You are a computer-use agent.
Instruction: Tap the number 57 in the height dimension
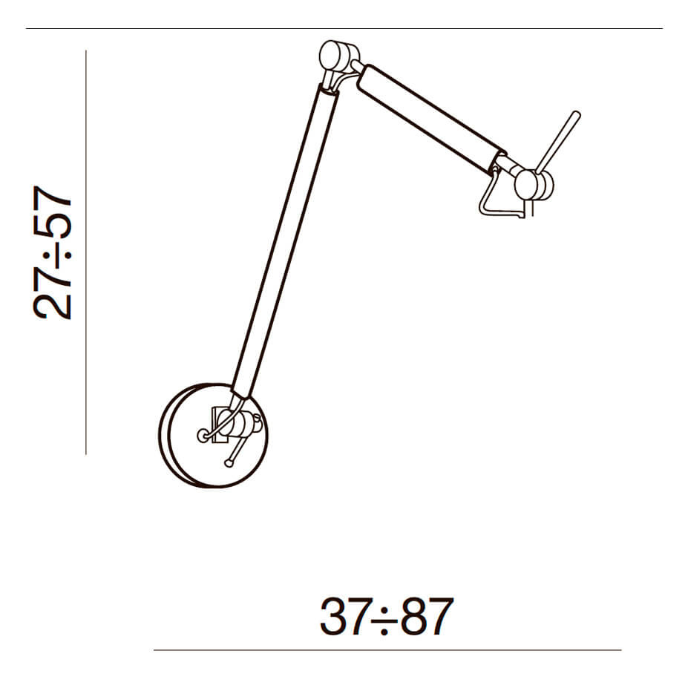click(53, 212)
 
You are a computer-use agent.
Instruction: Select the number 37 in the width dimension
click(344, 617)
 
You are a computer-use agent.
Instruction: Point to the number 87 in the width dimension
click(427, 617)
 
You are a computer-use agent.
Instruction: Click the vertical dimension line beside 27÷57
click(86, 252)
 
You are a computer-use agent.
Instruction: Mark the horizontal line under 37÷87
click(386, 650)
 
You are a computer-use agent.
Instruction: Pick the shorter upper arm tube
click(430, 117)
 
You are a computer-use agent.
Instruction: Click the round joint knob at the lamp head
click(532, 185)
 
